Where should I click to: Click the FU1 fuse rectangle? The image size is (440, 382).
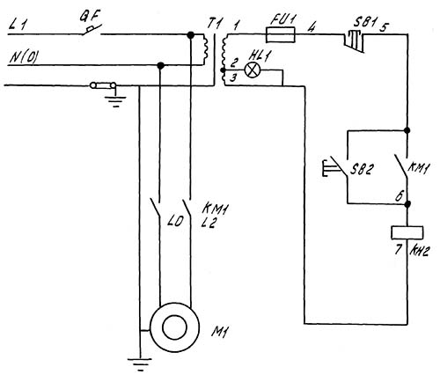(x=280, y=34)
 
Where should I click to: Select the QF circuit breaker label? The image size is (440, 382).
(x=90, y=16)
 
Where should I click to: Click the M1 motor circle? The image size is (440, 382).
(x=175, y=327)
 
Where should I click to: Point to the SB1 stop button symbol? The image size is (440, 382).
(x=354, y=42)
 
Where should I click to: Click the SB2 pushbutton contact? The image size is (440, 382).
(x=337, y=168)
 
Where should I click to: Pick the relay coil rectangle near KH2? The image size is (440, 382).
(x=407, y=232)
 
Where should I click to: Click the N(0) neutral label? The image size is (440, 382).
(x=24, y=57)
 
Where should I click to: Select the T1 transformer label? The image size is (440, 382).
(x=214, y=24)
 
